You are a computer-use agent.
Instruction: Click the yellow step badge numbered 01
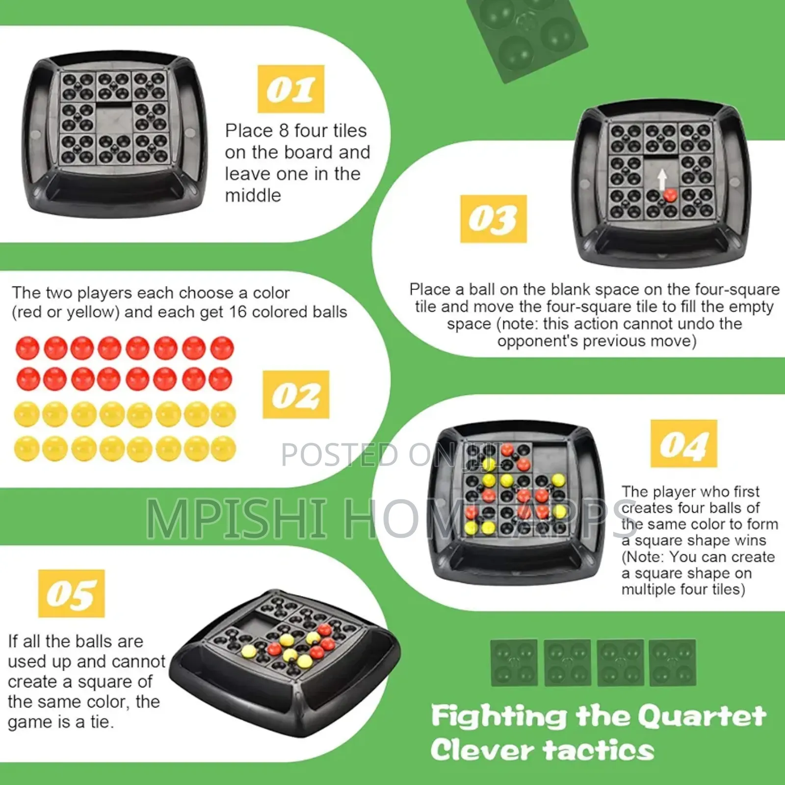[x=291, y=89]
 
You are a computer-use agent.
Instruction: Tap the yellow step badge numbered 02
[x=296, y=394]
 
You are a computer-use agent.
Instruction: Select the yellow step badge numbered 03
[x=493, y=219]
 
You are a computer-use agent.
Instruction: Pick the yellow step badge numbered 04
[x=683, y=444]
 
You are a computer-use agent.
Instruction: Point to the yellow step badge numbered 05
[x=72, y=593]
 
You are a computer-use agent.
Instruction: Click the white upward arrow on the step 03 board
[x=662, y=179]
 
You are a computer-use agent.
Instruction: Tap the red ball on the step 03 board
[x=670, y=196]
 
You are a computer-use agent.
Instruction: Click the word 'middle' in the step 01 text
[x=253, y=195]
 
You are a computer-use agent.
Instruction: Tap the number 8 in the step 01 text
[x=284, y=131]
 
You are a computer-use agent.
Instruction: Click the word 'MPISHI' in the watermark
[x=236, y=518]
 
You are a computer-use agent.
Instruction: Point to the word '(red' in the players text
[x=27, y=312]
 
